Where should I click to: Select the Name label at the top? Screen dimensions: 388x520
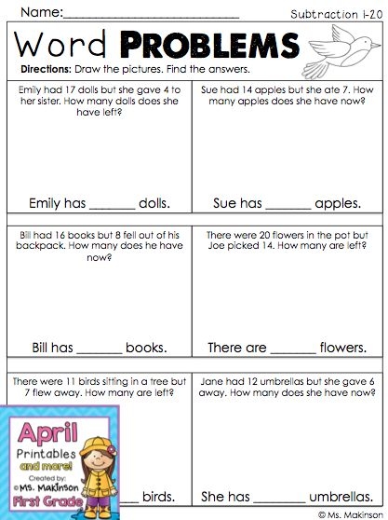[40, 13]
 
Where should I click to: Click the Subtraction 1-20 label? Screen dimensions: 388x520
[329, 14]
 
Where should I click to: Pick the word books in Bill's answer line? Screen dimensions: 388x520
[147, 348]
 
